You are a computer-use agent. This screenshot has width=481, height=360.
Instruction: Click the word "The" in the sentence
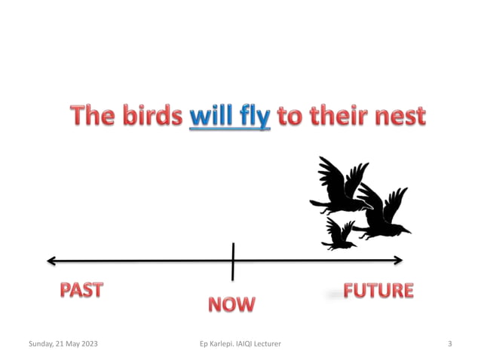point(96,117)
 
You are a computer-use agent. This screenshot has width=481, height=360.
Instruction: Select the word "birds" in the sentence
point(154,117)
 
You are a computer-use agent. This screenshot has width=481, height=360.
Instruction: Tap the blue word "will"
point(211,117)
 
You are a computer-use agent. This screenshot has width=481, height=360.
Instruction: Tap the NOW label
point(231,305)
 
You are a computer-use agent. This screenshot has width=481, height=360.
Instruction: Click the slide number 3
point(449,344)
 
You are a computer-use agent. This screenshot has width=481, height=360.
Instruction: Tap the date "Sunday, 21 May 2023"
point(63,344)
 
